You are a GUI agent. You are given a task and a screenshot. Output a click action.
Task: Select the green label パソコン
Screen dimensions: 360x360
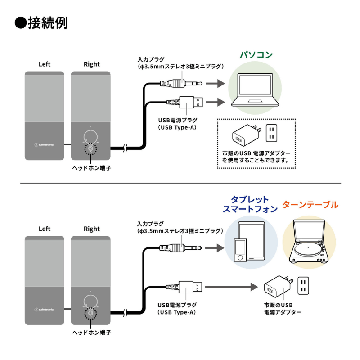point(256,55)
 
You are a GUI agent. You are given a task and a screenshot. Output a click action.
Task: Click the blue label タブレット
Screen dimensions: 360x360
point(250,199)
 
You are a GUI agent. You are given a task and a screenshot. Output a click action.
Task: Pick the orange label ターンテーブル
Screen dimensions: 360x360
point(310,205)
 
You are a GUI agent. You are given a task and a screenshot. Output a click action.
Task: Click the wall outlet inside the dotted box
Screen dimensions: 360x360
point(271,132)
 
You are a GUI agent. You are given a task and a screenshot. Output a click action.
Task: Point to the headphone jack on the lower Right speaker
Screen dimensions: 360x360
point(91,312)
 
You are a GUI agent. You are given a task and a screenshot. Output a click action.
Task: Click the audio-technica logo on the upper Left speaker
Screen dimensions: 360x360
point(45,144)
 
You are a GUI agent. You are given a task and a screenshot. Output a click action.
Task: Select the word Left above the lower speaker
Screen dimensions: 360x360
point(45,229)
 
